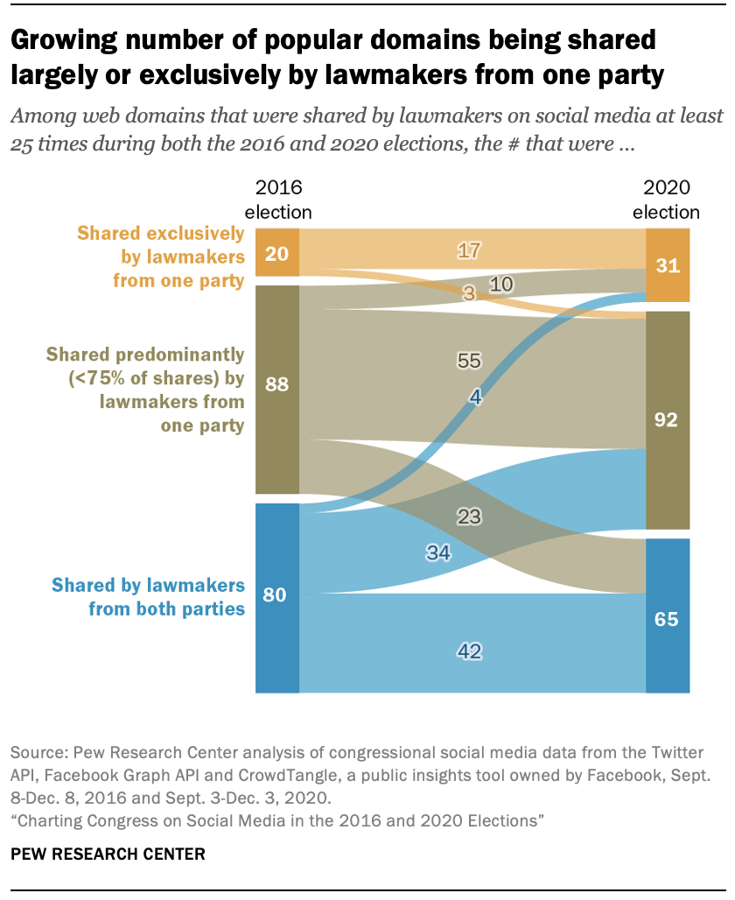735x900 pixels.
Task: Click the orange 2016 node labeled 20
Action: tap(276, 252)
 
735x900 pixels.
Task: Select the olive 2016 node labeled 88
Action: tap(276, 385)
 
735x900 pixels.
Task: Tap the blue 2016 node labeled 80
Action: tap(276, 595)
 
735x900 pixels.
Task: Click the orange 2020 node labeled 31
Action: tap(668, 265)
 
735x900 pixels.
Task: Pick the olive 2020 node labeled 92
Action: tap(668, 419)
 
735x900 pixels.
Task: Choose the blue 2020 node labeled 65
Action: tap(668, 617)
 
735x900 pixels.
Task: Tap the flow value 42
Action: tap(470, 651)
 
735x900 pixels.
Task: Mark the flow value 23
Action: tap(470, 517)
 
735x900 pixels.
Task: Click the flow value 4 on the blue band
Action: tap(475, 396)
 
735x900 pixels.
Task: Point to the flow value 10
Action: tap(501, 284)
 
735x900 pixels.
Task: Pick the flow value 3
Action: tap(468, 294)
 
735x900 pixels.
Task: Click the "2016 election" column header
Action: tap(277, 200)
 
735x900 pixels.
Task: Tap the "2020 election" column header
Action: tap(667, 200)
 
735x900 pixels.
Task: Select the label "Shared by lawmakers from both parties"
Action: tap(148, 596)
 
